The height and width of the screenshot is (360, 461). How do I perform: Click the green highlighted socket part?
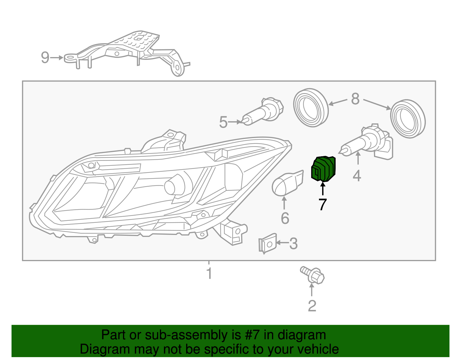click(x=324, y=169)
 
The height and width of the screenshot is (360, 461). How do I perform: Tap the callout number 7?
click(x=323, y=204)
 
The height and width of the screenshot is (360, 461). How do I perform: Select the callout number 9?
click(x=45, y=57)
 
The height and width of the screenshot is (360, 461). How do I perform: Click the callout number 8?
click(x=355, y=99)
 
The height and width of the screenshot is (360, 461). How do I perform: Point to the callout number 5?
click(x=223, y=122)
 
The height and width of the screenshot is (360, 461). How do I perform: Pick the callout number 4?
click(x=357, y=176)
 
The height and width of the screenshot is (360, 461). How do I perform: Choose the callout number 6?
click(x=285, y=218)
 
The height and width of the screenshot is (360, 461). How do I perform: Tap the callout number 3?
click(x=293, y=244)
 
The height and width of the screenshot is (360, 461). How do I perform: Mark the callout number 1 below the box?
click(x=209, y=273)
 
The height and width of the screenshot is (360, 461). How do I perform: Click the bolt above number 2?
click(x=313, y=275)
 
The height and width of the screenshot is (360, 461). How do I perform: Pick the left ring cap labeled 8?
click(x=311, y=108)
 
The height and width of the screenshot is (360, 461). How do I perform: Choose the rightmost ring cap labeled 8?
click(x=408, y=119)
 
